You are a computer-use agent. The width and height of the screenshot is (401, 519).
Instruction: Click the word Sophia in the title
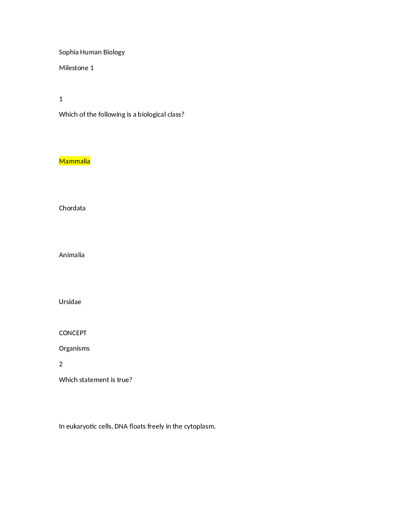(x=69, y=52)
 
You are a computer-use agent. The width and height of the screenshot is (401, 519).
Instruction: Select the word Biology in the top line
(x=114, y=52)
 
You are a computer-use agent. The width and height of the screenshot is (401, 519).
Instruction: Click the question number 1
(x=61, y=99)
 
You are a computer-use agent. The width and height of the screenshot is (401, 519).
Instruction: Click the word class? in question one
(x=176, y=115)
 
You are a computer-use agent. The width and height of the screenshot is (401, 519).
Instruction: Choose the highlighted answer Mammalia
(x=75, y=161)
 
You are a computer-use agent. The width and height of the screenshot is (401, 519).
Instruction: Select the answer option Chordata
(x=72, y=208)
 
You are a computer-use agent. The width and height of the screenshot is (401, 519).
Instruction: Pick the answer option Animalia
(x=72, y=255)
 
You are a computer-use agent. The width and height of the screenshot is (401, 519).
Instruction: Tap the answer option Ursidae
(x=70, y=302)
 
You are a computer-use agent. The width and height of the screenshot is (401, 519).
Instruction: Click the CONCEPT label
(x=73, y=333)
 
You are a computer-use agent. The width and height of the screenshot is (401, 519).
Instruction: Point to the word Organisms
(x=74, y=349)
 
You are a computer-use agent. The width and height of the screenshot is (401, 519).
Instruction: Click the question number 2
(x=61, y=364)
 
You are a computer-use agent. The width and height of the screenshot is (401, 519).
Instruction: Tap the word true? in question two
(x=124, y=380)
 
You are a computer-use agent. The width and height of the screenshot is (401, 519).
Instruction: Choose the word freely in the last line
(x=156, y=427)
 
